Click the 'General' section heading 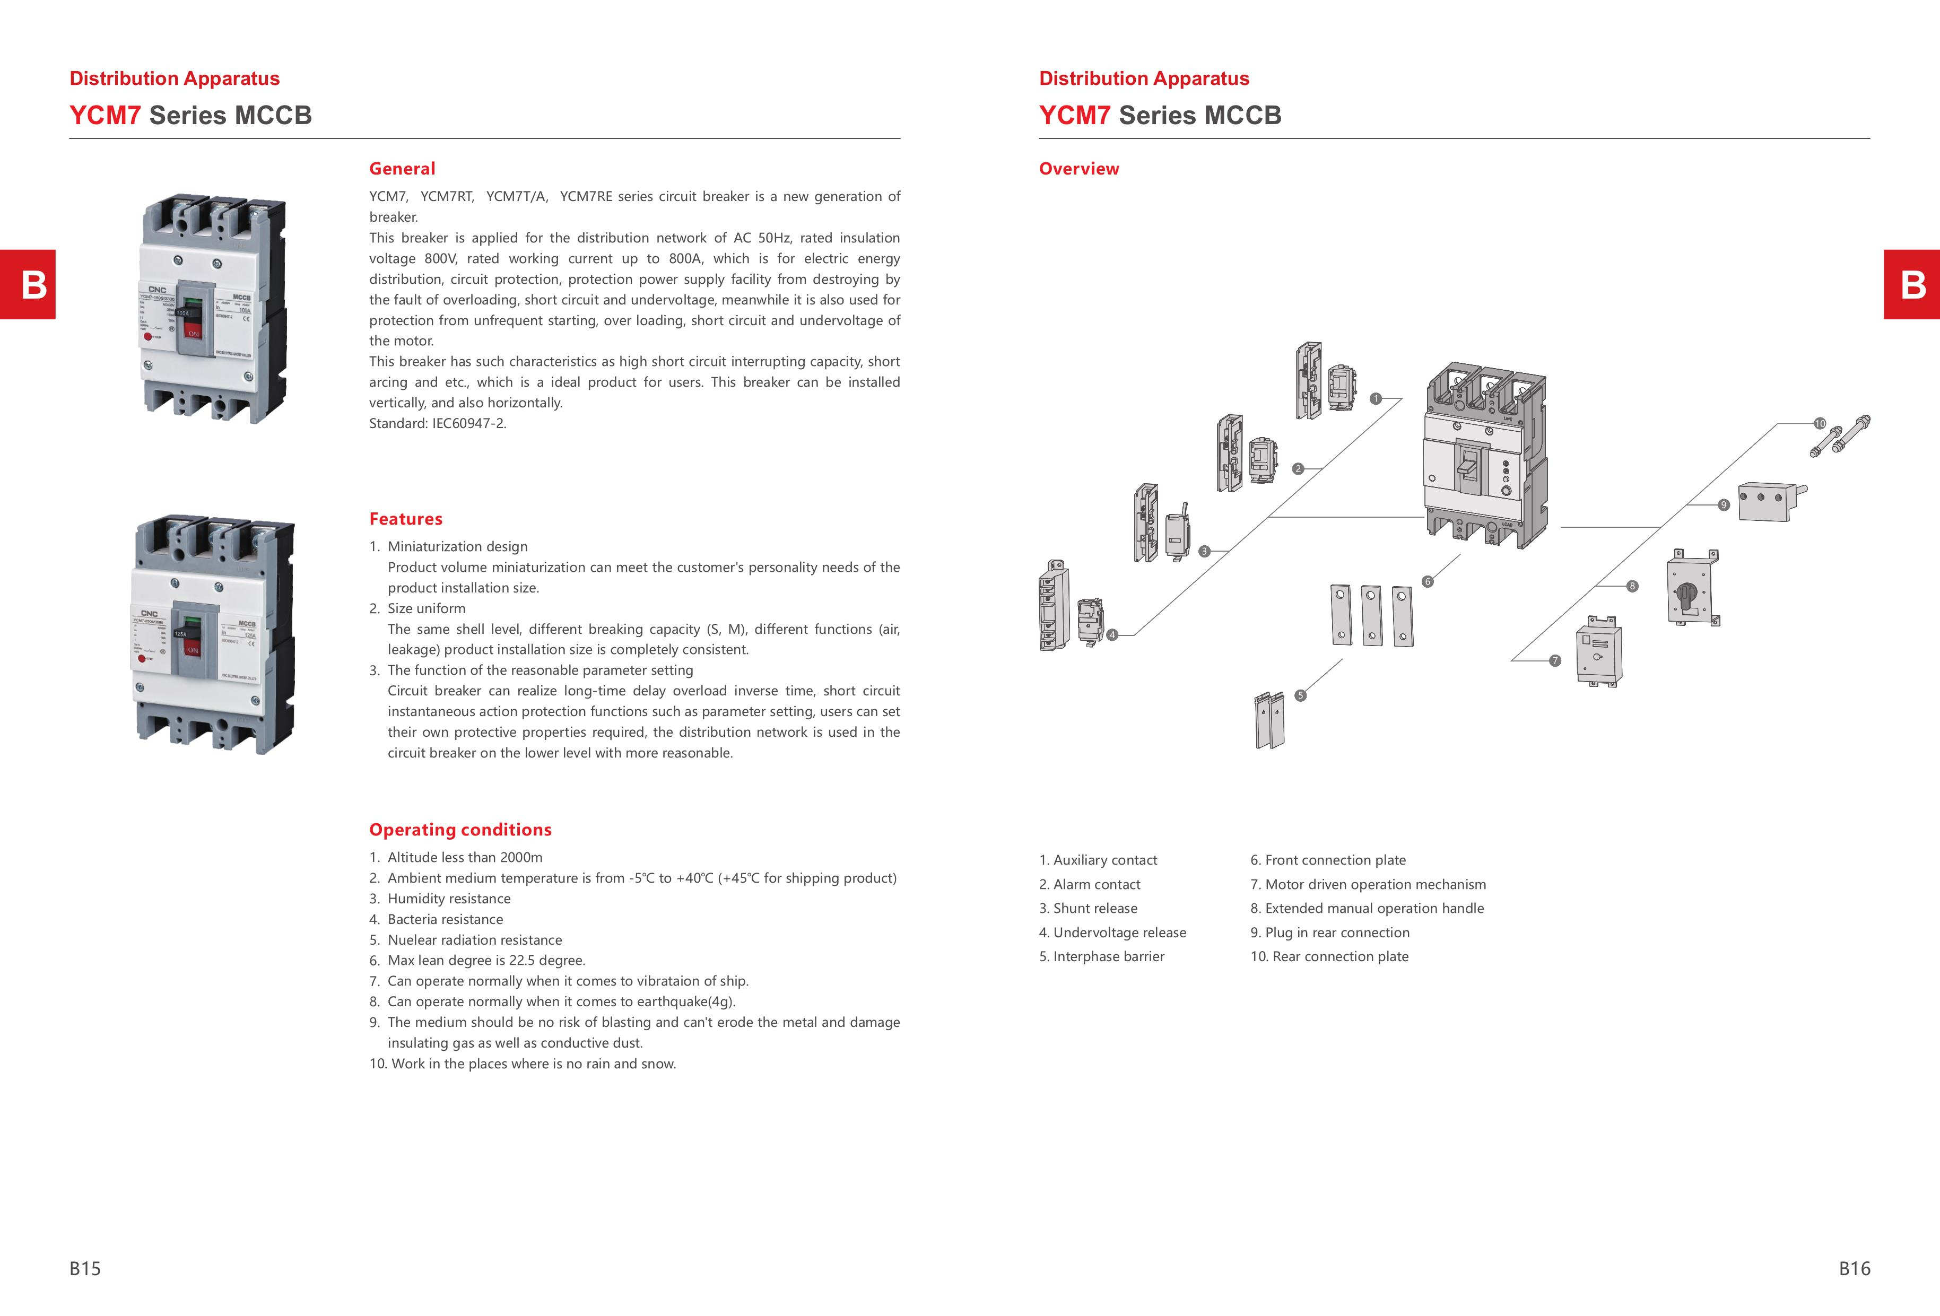coord(402,169)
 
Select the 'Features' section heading coord(406,519)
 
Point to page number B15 coord(85,1268)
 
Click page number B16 coord(1854,1268)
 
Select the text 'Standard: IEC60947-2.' coord(438,423)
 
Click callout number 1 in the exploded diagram coord(1376,399)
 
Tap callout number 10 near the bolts coord(1820,424)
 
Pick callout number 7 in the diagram coord(1554,661)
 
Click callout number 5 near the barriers coord(1300,695)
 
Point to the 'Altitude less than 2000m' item coord(464,857)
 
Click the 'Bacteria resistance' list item coord(445,919)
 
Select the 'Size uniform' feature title coord(426,608)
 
